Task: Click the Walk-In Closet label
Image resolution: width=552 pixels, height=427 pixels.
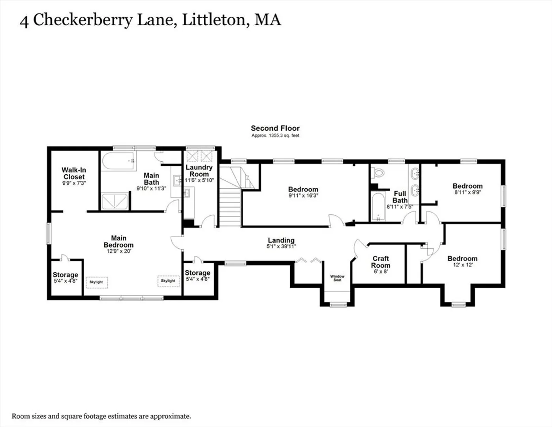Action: [x=74, y=173]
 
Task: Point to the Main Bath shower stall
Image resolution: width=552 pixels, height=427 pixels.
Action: [x=115, y=201]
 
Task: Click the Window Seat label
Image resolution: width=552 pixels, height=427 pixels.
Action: [x=337, y=278]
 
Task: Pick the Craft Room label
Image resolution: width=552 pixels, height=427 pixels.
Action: [x=381, y=262]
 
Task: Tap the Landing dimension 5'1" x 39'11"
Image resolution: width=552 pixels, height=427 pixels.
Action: [x=281, y=246]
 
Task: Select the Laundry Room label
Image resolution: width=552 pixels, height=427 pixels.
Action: [x=199, y=171]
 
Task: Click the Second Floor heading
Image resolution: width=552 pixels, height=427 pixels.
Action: [x=275, y=128]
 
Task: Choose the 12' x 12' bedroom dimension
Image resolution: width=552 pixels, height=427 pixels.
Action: [x=462, y=265]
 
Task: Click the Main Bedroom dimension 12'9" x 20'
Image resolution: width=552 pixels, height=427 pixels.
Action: [x=118, y=251]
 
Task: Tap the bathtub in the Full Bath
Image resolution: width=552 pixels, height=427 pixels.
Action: [x=378, y=207]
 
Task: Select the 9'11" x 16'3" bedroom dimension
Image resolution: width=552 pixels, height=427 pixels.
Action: [x=303, y=195]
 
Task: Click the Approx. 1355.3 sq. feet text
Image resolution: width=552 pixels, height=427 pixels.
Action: [x=275, y=136]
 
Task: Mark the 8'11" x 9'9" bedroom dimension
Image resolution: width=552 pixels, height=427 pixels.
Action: [x=468, y=192]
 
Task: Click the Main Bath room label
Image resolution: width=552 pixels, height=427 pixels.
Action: [x=151, y=179]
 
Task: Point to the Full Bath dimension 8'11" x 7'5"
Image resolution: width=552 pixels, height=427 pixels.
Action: [x=400, y=207]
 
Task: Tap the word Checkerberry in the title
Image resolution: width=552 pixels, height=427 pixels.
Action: [x=83, y=20]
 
